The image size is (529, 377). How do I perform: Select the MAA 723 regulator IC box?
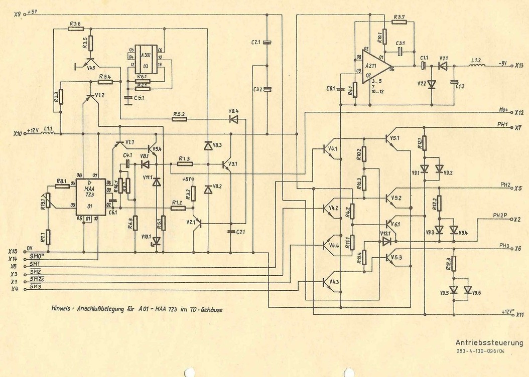coord(91,198)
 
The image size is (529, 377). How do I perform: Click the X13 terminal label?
coord(519,66)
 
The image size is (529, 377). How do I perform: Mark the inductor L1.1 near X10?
coord(49,134)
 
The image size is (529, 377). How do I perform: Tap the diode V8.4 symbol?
coord(234,119)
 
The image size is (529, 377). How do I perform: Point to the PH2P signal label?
coord(500,216)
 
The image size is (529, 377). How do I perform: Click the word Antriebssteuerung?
coord(489,343)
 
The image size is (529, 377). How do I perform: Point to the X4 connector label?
coord(15,289)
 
